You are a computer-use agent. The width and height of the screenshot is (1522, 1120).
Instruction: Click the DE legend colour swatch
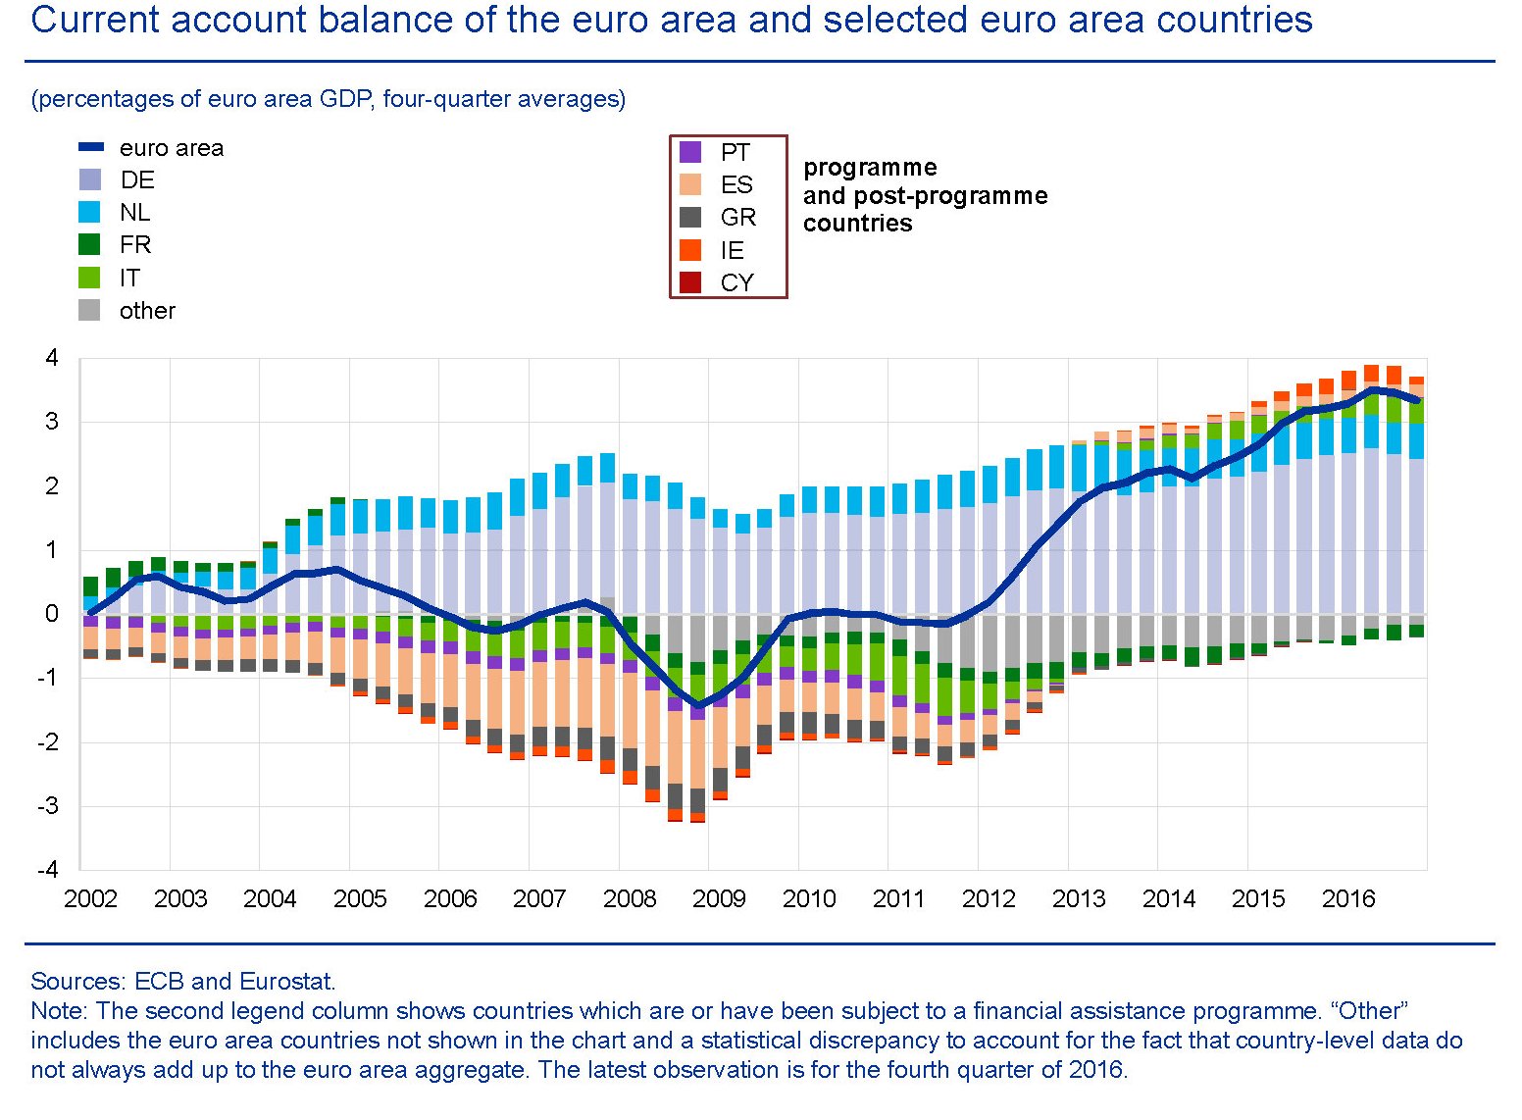click(89, 180)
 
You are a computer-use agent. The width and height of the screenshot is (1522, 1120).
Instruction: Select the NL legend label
click(134, 213)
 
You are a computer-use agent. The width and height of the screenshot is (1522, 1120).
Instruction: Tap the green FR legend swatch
click(89, 245)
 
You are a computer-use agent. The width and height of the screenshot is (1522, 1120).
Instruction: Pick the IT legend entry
click(128, 279)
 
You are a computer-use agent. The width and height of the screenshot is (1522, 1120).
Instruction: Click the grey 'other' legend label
click(147, 311)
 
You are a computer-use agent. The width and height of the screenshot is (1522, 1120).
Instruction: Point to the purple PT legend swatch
click(690, 152)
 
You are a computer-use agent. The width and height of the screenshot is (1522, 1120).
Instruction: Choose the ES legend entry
click(736, 185)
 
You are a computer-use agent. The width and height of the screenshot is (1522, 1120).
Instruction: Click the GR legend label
click(737, 218)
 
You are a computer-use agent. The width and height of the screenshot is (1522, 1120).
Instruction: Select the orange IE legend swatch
click(690, 250)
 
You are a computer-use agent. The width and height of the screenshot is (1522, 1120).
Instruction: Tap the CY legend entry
click(736, 283)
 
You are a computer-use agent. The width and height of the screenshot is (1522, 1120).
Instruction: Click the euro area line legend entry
click(171, 148)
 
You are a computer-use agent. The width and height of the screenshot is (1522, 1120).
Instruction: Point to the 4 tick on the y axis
click(52, 358)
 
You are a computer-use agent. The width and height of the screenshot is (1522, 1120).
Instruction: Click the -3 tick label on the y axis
click(48, 806)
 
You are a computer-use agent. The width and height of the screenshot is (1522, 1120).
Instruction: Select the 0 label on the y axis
click(52, 614)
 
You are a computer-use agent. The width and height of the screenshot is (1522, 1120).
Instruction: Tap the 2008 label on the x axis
click(630, 898)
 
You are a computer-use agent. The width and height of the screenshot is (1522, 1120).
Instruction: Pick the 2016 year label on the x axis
click(1348, 898)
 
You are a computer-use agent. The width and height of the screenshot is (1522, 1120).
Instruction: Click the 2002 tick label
click(90, 898)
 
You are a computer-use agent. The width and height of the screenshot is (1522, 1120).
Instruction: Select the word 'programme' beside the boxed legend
click(870, 168)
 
